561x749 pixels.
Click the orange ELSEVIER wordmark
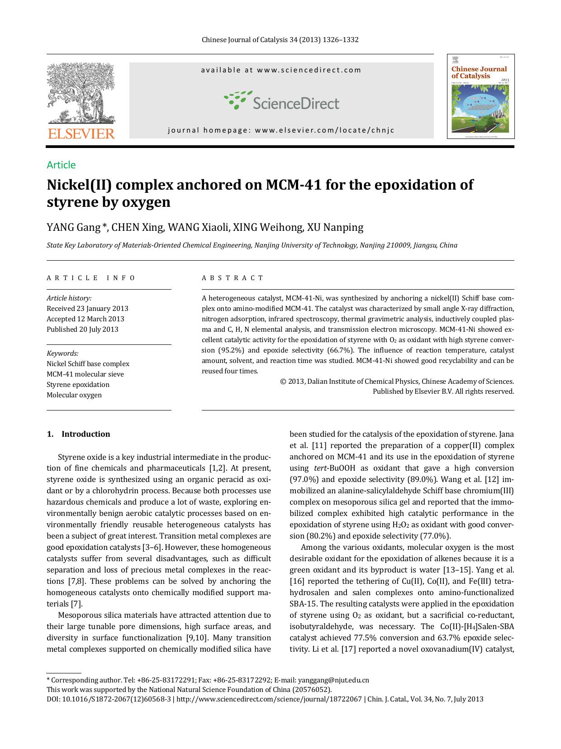pos(81,134)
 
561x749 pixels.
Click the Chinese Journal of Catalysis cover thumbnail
pos(480,96)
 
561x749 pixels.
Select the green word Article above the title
pos(61,165)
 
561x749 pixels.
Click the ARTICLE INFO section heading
pos(91,278)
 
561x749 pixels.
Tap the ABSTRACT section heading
pos(233,278)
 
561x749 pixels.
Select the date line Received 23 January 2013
pos(87,309)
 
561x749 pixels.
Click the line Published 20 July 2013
pos(82,329)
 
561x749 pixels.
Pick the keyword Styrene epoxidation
pos(78,385)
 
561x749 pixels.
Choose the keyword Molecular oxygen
pos(74,395)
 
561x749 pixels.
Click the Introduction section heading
pos(86,434)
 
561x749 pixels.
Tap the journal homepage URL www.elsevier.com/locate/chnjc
pos(324,130)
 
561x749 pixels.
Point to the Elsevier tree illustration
pos(81,93)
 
